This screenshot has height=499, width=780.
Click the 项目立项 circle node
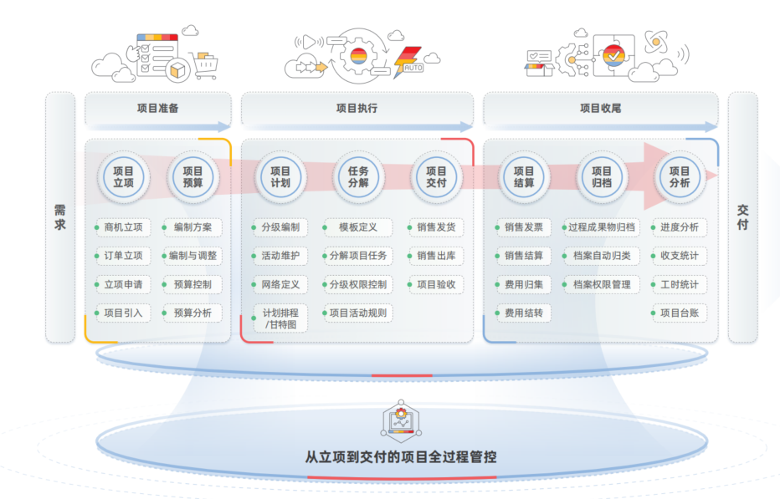click(123, 177)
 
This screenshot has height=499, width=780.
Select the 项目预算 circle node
click(192, 177)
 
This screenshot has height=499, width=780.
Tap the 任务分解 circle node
click(357, 177)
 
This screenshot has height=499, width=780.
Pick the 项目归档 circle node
click(602, 177)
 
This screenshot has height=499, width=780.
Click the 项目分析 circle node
click(680, 177)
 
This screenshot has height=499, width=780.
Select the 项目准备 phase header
click(157, 109)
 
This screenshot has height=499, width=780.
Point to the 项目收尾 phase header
click(600, 109)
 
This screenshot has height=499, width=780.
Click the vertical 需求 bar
click(60, 217)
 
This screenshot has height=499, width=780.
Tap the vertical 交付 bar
click(742, 217)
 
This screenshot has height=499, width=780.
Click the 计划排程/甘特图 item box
click(280, 318)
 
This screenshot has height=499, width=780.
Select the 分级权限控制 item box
click(357, 285)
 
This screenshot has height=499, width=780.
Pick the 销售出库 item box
click(436, 256)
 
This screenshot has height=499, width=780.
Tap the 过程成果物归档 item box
click(600, 227)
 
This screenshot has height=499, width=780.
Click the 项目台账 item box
click(680, 313)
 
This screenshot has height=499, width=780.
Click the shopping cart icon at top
click(203, 64)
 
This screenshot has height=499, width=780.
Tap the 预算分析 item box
click(192, 313)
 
